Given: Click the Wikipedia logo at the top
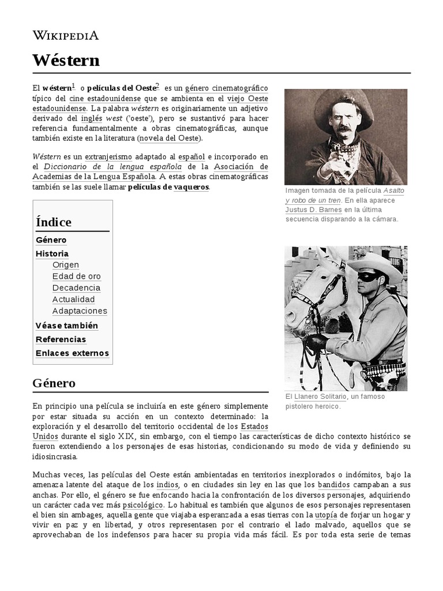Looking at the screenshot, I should point(66,35).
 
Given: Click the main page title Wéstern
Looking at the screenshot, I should point(66,60).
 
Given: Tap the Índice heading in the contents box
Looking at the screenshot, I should point(54,222).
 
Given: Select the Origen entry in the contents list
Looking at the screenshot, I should point(66,265).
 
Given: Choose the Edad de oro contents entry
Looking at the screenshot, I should point(76,276).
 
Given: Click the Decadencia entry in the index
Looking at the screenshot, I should point(76,288).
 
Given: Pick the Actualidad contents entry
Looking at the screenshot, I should point(73,300).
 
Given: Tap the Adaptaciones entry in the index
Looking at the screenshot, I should point(80,311).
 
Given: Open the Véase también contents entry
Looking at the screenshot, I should point(66,326).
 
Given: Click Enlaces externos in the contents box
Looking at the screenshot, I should point(72,353).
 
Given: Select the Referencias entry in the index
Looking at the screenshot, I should point(61,339).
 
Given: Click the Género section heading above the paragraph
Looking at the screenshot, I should point(54,383).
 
